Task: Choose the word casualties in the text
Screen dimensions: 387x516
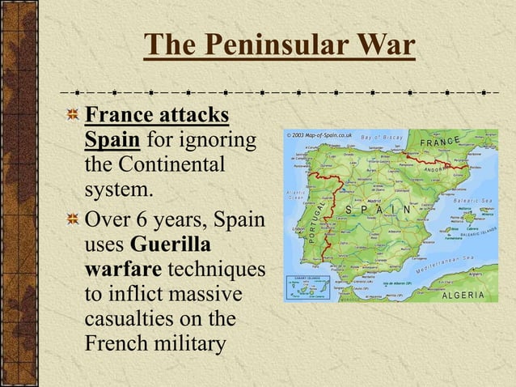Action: [137, 318]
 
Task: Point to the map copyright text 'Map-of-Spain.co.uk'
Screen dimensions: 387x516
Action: [323, 135]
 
